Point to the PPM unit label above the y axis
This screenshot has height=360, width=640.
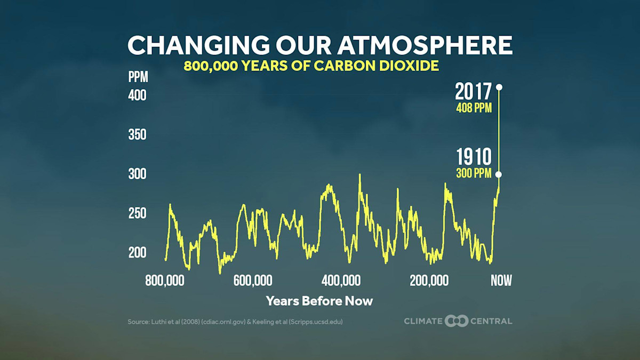point(138,77)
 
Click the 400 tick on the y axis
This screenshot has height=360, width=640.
point(138,96)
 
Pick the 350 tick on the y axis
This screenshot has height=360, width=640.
point(138,135)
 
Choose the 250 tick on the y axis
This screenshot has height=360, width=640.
point(138,213)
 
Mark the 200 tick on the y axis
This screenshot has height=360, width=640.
point(138,252)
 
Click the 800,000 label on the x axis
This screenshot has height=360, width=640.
point(165,281)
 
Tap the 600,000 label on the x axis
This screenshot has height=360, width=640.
point(253,281)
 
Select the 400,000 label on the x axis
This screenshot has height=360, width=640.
point(341,281)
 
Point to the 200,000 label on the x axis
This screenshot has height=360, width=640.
point(429,281)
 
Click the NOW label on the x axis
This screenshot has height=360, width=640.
point(501,281)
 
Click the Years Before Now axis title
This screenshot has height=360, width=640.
point(319,301)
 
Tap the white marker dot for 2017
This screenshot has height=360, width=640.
point(499,87)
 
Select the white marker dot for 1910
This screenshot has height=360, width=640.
point(499,174)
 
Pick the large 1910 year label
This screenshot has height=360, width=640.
point(474,158)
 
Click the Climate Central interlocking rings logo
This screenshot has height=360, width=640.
point(457,321)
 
